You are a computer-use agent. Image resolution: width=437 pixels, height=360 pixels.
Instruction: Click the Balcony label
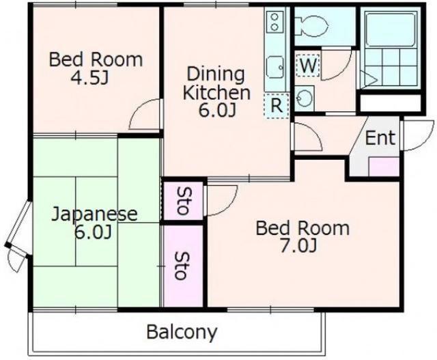(182, 332)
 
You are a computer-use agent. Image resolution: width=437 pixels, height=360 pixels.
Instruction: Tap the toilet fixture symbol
(311, 26)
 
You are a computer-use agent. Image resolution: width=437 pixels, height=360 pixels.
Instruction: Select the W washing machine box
(308, 66)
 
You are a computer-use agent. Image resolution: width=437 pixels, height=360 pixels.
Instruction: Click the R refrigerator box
(276, 106)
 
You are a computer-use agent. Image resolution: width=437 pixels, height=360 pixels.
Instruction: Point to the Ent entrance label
(380, 138)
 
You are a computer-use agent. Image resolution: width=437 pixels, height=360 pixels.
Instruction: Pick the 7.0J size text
(298, 246)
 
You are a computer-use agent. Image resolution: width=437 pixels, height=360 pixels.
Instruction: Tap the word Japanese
(95, 214)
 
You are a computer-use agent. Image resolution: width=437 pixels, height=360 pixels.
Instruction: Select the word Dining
(216, 75)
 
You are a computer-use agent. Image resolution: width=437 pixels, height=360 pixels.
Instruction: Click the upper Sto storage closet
(183, 200)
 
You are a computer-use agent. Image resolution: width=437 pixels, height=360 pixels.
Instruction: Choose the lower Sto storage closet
(183, 266)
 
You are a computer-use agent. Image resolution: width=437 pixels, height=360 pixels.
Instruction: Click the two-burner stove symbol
(274, 22)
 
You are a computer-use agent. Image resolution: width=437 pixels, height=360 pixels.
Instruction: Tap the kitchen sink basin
(275, 67)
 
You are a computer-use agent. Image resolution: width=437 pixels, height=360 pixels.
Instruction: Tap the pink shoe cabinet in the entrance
(384, 167)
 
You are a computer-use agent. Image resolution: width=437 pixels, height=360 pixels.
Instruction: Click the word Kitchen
(216, 93)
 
